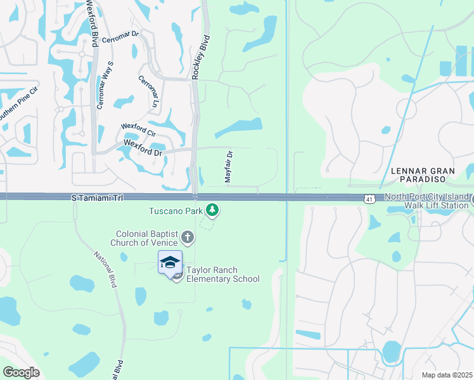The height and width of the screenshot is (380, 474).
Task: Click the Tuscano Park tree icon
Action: pyautogui.click(x=214, y=210)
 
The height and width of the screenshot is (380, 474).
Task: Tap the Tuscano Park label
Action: pyautogui.click(x=176, y=210)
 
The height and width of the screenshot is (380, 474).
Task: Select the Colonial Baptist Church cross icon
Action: pyautogui.click(x=187, y=237)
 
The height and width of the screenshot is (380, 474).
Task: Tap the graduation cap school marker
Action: pyautogui.click(x=170, y=262)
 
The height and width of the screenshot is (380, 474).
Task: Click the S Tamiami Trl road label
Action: pyautogui.click(x=96, y=199)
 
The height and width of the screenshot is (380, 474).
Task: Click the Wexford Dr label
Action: pyautogui.click(x=143, y=148)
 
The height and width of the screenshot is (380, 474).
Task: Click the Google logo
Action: pyautogui.click(x=22, y=372)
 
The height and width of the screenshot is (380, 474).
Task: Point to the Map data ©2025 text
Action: pyautogui.click(x=446, y=374)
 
